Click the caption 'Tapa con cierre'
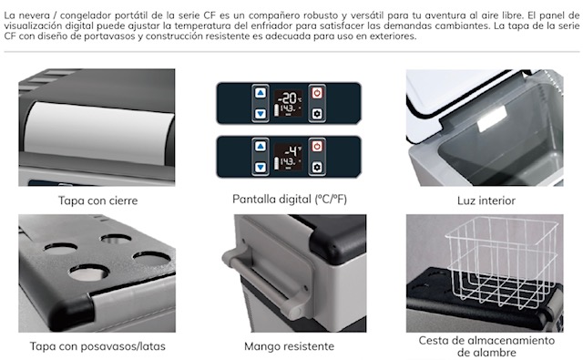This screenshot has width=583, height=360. click(x=97, y=201)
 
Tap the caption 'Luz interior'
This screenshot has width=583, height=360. click(x=486, y=201)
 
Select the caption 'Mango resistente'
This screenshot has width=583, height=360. click(x=290, y=346)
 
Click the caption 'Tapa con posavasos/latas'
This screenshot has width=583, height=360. click(x=97, y=346)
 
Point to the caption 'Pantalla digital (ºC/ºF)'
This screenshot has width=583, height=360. click(x=290, y=200)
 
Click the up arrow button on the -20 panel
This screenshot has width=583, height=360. click(x=261, y=93)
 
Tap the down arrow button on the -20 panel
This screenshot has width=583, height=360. click(x=261, y=113)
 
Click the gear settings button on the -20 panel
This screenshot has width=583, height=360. click(x=317, y=113)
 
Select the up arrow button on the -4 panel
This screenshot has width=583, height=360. click(x=261, y=147)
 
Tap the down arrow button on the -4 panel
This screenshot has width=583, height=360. click(x=261, y=167)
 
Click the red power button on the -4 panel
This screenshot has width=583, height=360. click(x=317, y=147)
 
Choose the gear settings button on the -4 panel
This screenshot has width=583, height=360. click(x=317, y=167)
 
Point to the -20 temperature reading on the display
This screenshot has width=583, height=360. click(x=289, y=98)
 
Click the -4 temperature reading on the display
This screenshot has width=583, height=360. click(x=291, y=151)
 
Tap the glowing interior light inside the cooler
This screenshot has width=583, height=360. click(x=492, y=119)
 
